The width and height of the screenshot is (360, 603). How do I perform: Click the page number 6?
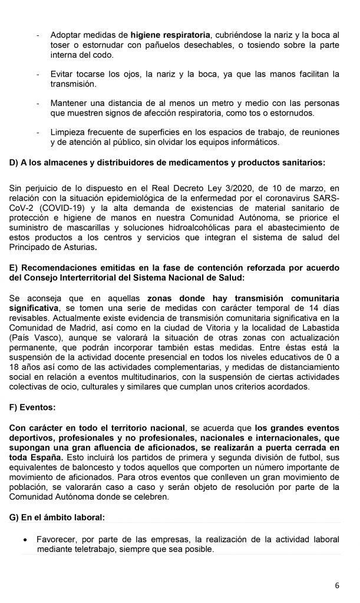click(337, 585)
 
